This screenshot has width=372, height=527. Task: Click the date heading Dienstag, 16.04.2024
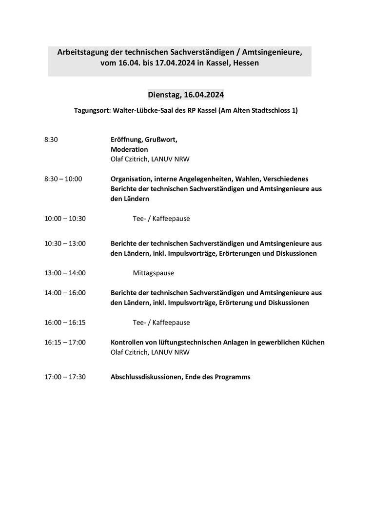coord(186,95)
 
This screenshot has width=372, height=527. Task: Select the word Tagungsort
coord(92,111)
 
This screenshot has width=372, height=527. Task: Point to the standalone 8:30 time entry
coord(51,140)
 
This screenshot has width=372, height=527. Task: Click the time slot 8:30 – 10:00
coord(63,179)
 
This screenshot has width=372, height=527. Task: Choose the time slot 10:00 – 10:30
coord(65,219)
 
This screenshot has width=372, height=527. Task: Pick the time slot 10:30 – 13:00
coord(65,243)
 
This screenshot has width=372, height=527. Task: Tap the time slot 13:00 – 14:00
coord(65,273)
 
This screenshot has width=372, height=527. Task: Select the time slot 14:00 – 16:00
coord(65,293)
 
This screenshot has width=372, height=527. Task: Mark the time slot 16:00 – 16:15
coord(65,323)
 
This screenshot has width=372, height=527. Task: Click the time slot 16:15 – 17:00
coord(65,343)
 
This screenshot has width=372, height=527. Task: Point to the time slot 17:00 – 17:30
coord(65,377)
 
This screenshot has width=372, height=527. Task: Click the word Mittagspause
coord(153,273)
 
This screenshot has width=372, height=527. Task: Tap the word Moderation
coord(129,149)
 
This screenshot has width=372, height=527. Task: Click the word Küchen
coord(312,343)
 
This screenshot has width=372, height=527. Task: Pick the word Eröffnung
coord(126,140)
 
